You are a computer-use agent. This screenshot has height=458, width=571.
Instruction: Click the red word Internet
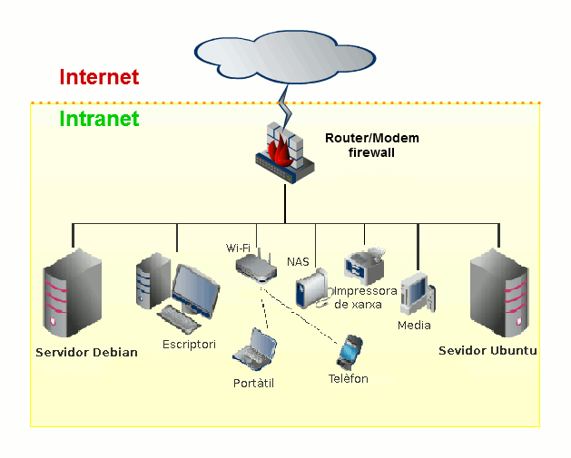pos(99,77)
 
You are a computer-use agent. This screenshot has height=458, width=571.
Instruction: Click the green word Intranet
pos(99,119)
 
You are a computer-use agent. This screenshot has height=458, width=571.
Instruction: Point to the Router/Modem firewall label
pos(372,145)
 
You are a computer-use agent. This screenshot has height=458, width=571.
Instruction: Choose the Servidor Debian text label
pos(87,352)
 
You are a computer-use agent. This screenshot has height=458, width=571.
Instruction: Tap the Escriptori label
pos(189,345)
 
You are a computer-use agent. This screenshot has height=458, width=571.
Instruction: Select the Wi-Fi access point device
pos(256,266)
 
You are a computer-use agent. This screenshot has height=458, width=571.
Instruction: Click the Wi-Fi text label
pos(239,248)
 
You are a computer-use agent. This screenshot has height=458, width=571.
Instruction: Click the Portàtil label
pos(253,384)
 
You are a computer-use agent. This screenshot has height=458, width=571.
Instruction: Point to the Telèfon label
pos(349,378)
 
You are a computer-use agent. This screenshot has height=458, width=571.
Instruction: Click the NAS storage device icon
pos(309,289)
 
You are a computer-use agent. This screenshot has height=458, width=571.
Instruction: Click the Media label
pos(414,325)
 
